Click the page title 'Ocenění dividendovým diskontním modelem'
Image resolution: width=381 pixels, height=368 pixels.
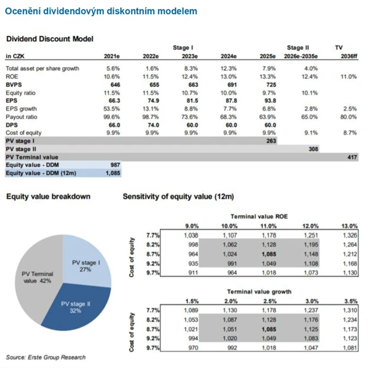tap(102, 11)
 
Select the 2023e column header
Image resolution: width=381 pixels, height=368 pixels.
tap(189, 56)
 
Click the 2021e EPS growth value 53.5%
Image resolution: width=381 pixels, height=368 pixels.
tap(113, 109)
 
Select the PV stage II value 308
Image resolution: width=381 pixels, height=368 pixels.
tap(314, 149)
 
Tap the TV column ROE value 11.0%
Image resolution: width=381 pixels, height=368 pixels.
tap(348, 76)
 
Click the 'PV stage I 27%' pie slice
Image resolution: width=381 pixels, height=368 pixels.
tap(86, 264)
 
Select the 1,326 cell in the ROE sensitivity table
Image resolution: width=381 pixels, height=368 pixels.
tap(349, 236)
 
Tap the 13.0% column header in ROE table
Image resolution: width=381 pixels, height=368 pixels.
tap(349, 226)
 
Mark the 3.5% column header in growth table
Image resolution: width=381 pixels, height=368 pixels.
tap(351, 301)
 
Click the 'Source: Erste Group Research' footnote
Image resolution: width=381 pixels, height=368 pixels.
tap(46, 357)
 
